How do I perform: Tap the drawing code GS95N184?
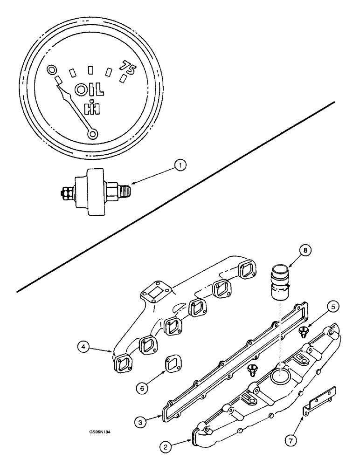point(100,432)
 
